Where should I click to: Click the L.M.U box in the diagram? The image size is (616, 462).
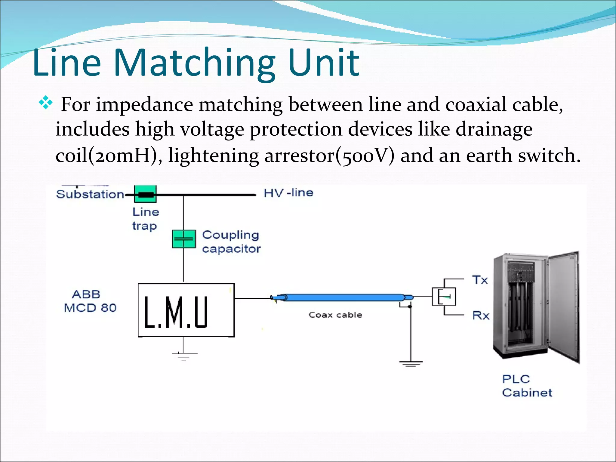point(186,310)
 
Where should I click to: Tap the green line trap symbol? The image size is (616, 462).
point(145,194)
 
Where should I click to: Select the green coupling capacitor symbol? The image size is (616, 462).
point(183,239)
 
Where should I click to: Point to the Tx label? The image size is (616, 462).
point(479,280)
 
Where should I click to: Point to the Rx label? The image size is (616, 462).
point(480,316)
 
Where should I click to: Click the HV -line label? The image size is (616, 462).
point(288,193)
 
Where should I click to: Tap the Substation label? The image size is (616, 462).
point(90,194)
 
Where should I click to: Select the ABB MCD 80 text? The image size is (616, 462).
point(90,301)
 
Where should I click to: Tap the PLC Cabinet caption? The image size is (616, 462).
point(527,386)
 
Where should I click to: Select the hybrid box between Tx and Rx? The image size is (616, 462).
point(444,297)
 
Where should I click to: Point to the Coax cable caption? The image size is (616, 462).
point(335,315)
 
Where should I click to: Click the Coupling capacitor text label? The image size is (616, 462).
point(231,242)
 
